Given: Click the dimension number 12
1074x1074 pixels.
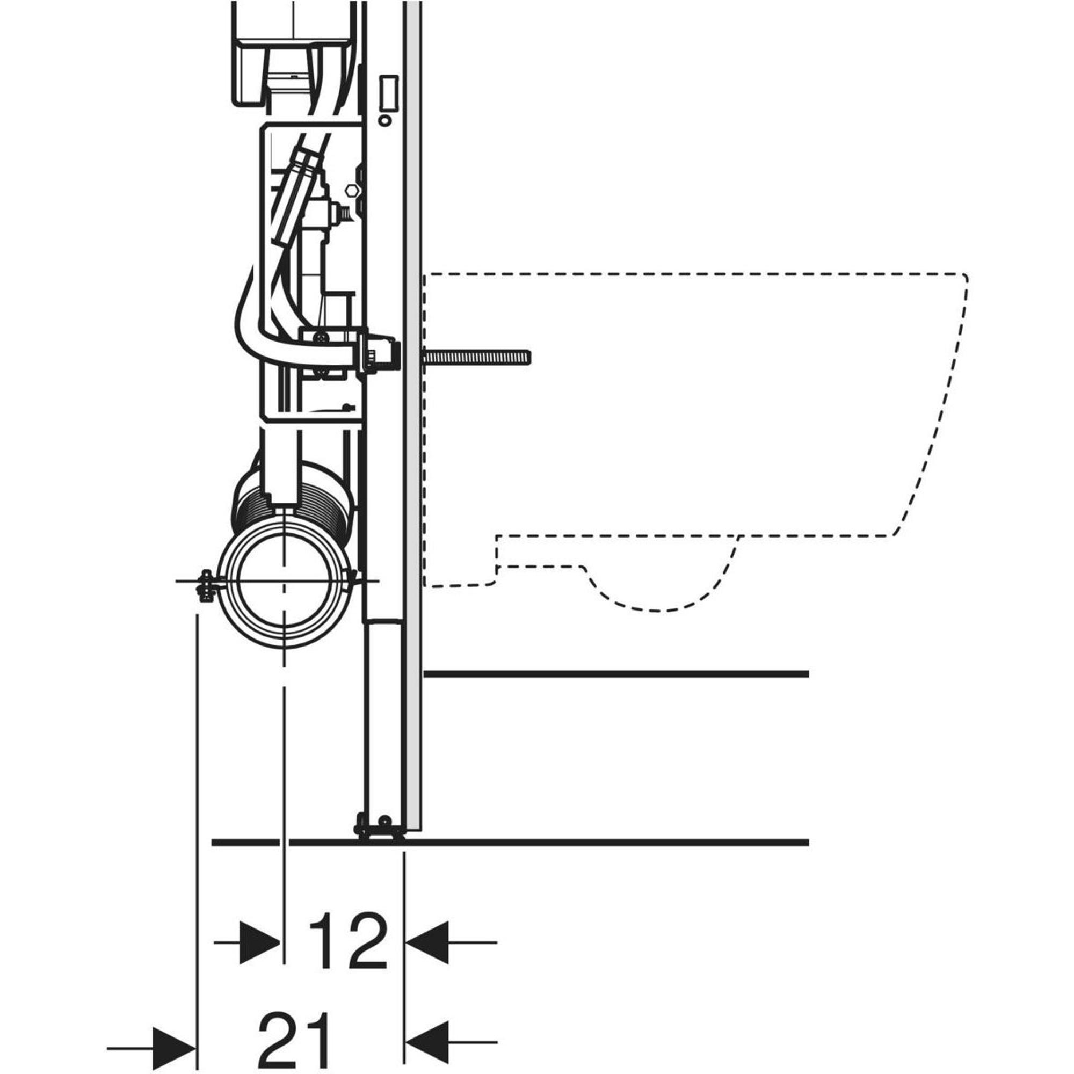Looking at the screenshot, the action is [348, 941].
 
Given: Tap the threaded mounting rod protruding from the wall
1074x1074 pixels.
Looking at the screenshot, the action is [476, 358].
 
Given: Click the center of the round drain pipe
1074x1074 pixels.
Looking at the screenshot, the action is [284, 581].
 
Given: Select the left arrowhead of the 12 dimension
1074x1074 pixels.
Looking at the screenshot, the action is [259, 942].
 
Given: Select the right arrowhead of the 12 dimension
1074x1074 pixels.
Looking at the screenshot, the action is [427, 942].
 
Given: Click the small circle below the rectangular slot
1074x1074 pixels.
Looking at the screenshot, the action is [384, 120].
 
